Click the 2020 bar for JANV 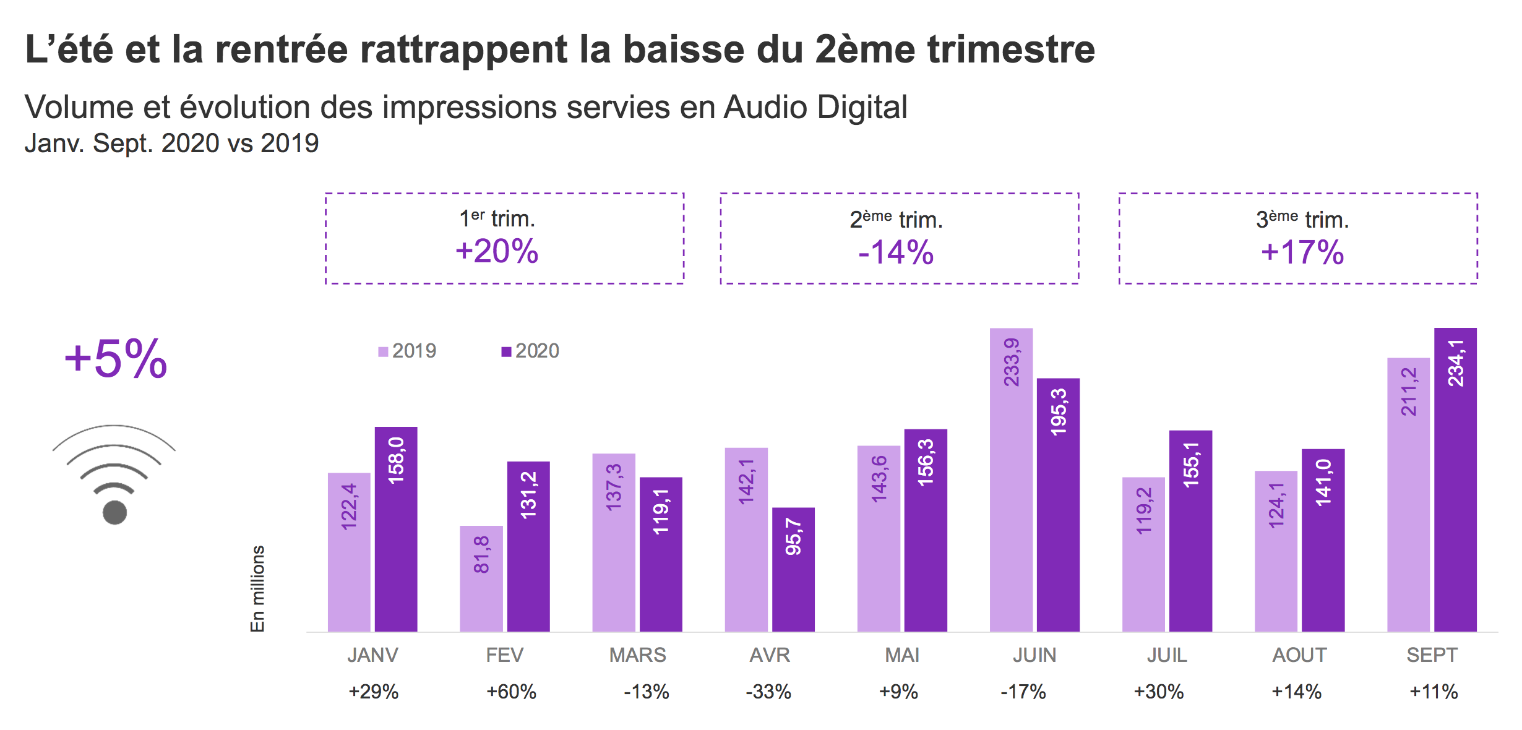click(396, 529)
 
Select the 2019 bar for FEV click(481, 578)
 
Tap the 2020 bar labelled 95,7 click(793, 569)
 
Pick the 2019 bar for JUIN click(1011, 479)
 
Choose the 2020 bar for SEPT click(1455, 479)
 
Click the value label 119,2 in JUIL click(1144, 510)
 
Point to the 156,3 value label click(926, 462)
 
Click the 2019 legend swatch click(383, 352)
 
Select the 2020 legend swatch click(506, 352)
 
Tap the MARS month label click(637, 655)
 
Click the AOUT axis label click(1299, 655)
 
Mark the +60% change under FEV click(511, 692)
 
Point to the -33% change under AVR click(768, 692)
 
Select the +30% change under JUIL click(1158, 692)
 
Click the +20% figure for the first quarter click(497, 252)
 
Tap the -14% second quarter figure click(896, 253)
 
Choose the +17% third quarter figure click(1302, 253)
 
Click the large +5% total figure click(116, 359)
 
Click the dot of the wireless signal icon click(114, 512)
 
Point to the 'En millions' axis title click(257, 588)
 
